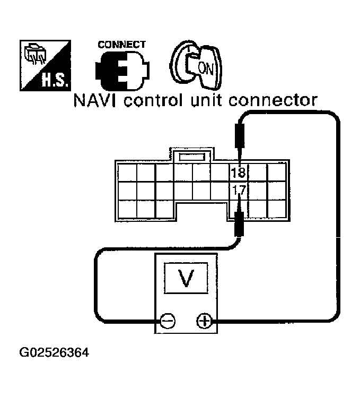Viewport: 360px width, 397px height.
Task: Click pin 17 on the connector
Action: click(x=237, y=189)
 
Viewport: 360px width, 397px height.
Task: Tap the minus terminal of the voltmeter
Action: click(x=168, y=321)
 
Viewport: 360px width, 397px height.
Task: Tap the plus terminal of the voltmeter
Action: click(x=203, y=321)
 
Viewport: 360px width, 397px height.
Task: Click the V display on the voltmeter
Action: click(x=185, y=278)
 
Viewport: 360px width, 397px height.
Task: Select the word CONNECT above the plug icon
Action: click(x=121, y=45)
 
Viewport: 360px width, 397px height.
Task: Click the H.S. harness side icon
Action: click(x=44, y=64)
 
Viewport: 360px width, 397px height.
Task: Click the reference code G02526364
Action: click(x=54, y=352)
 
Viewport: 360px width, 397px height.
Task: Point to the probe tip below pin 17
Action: click(x=239, y=220)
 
